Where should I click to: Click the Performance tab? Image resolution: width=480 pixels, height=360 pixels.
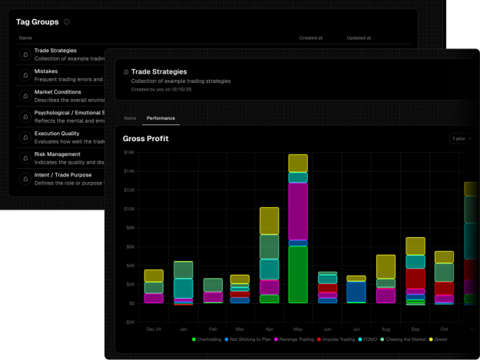[x=161, y=118]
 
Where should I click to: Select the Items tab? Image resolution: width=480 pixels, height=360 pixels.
[x=130, y=118]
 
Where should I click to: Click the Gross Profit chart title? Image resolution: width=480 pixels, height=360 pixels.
[x=146, y=139]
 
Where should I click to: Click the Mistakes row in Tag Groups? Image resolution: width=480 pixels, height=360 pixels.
[x=46, y=71]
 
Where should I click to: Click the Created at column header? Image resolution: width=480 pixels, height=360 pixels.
[x=310, y=38]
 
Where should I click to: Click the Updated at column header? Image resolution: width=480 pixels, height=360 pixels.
[x=358, y=38]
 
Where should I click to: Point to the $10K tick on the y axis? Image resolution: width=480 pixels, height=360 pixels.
[x=129, y=209]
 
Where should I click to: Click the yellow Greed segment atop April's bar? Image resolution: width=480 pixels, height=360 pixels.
[x=269, y=221]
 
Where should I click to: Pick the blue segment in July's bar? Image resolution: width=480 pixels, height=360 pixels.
[x=356, y=292]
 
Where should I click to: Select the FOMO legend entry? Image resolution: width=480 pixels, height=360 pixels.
[x=366, y=339]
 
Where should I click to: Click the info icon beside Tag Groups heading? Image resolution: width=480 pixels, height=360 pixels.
[x=67, y=22]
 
